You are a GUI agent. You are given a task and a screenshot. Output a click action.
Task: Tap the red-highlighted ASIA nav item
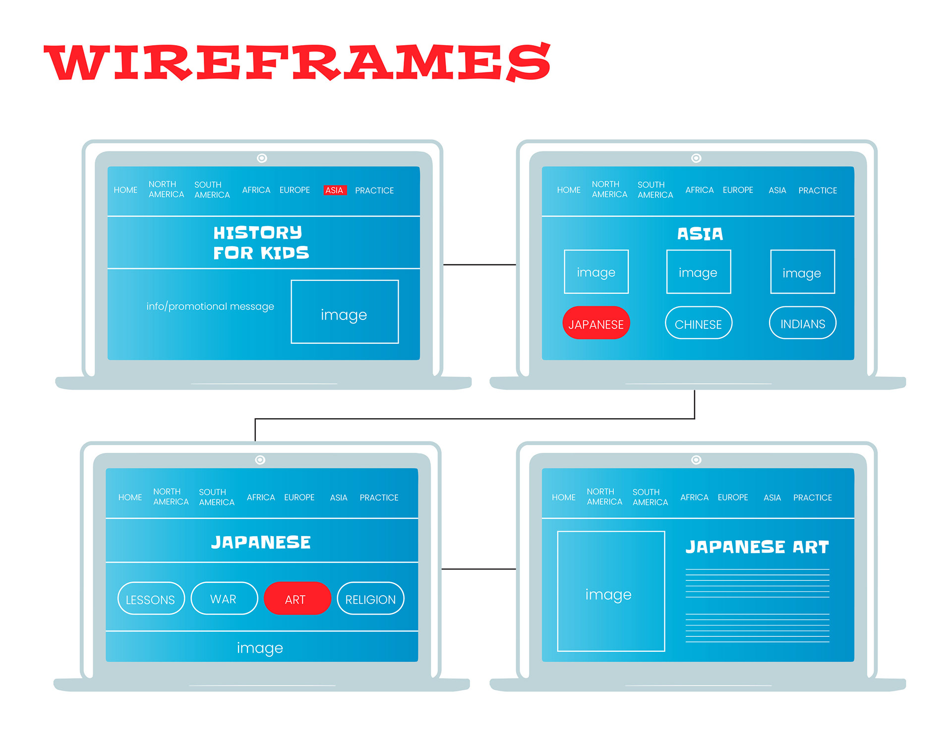coord(334,190)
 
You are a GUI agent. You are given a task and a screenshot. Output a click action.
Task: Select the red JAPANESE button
coord(596,323)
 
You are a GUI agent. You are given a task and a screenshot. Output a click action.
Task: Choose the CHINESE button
coord(698,323)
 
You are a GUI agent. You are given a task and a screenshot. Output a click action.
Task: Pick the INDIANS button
coord(802,323)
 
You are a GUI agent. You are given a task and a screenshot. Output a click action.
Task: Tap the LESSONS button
coord(151,599)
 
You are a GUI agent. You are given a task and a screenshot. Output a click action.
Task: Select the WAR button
coord(224,599)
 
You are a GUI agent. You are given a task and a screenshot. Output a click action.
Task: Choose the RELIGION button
coord(370,599)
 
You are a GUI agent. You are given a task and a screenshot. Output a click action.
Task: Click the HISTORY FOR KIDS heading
coord(261,243)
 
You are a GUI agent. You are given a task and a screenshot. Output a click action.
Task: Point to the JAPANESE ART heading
coord(757,547)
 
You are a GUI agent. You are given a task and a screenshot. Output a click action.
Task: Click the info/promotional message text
coord(210,306)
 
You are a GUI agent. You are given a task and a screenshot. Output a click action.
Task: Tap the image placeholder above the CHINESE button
coord(698,272)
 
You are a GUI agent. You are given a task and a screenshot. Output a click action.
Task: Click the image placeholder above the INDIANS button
coord(802,272)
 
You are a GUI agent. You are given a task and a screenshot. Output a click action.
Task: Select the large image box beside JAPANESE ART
coord(610,591)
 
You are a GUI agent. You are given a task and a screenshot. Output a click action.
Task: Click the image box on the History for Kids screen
coord(345,312)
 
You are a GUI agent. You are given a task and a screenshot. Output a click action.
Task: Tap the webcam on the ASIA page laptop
coord(696,158)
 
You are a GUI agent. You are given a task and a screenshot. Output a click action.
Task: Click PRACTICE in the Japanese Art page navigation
coord(812,497)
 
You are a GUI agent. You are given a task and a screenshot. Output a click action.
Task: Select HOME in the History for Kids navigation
coord(125,190)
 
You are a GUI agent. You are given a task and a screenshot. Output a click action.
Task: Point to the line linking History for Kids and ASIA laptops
coord(479,265)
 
